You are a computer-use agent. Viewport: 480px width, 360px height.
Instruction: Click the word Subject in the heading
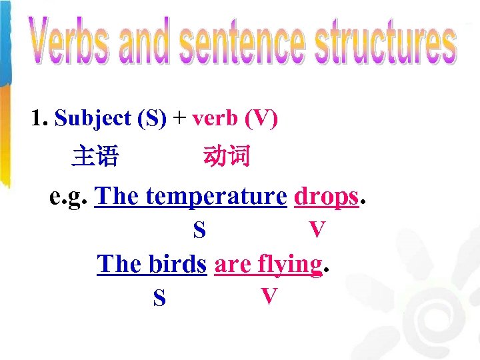pos(93,119)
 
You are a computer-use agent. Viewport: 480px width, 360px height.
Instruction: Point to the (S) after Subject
pos(151,119)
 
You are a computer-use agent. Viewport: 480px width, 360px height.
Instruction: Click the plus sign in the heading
pos(179,119)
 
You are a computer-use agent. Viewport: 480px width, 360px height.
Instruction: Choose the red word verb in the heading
pos(215,119)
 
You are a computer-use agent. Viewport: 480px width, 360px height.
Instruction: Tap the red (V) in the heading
pos(261,119)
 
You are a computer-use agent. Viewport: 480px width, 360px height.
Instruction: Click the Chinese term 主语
pos(95,157)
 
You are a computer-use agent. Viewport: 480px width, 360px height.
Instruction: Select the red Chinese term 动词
pos(227,157)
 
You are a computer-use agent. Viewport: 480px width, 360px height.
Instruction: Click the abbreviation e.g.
pos(69,197)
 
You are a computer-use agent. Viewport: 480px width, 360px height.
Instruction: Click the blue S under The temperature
pos(199,231)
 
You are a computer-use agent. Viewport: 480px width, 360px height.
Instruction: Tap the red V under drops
pos(317,230)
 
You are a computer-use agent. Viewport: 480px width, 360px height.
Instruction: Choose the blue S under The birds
pos(159,298)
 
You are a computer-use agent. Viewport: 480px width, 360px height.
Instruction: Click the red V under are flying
pos(269,296)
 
